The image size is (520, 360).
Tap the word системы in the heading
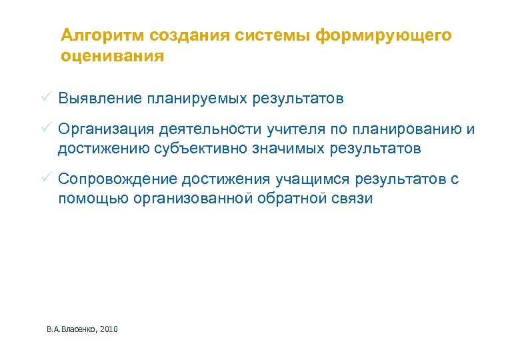[274, 35]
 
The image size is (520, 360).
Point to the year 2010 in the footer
[108, 329]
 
